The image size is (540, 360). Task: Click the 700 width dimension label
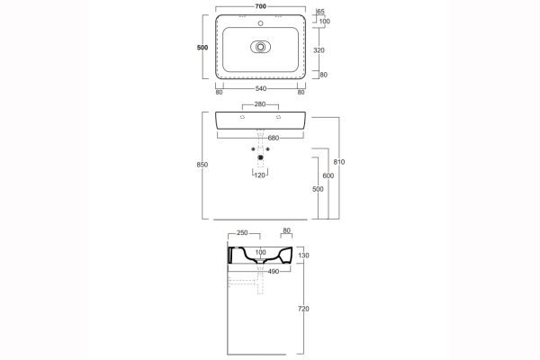(x=261, y=6)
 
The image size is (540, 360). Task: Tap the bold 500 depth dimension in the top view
(x=202, y=48)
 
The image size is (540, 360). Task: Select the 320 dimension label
(x=319, y=50)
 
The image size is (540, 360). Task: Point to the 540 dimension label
(x=261, y=88)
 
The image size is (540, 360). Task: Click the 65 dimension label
(x=320, y=12)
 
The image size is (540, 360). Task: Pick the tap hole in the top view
(x=261, y=23)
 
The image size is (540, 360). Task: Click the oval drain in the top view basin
(x=261, y=47)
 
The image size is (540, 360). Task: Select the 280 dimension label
(x=260, y=104)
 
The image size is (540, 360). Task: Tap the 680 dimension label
(x=273, y=138)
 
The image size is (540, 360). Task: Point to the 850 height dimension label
(x=202, y=165)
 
